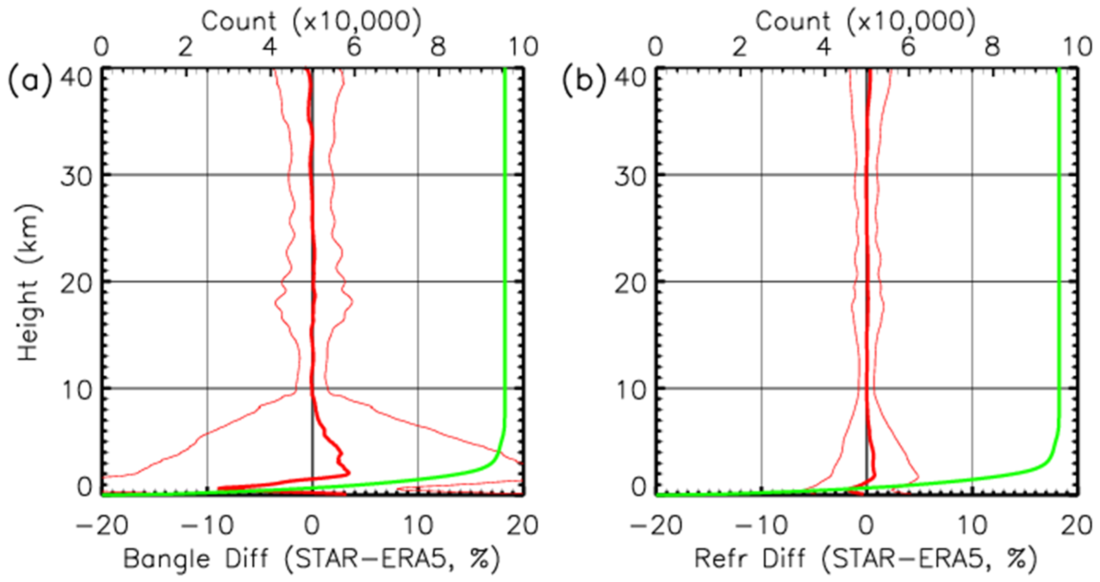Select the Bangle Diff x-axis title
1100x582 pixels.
[x=312, y=559]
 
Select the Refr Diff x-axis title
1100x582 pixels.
[x=866, y=559]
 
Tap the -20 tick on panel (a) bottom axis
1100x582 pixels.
[x=102, y=526]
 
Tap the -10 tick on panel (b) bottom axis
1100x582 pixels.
[x=761, y=526]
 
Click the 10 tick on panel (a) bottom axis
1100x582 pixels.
[x=419, y=526]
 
